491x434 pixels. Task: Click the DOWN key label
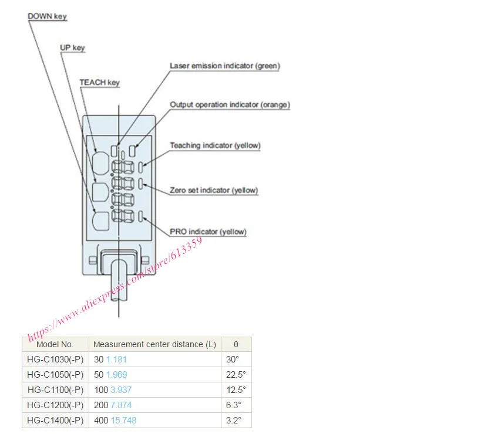click(48, 16)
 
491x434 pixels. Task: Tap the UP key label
click(72, 48)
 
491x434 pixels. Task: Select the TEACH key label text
click(100, 82)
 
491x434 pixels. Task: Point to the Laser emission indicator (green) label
click(225, 66)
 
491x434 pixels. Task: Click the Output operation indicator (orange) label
click(230, 104)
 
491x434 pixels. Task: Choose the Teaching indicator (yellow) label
click(215, 145)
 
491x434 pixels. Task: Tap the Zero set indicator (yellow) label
click(214, 190)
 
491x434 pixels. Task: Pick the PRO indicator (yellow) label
click(208, 232)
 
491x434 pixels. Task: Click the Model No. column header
click(55, 344)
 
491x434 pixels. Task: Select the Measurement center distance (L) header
click(154, 344)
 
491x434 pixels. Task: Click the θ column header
click(236, 344)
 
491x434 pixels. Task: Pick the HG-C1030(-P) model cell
click(55, 360)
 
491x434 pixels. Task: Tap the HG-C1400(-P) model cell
click(55, 421)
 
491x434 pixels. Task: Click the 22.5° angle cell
click(236, 375)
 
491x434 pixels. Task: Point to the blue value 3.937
click(121, 390)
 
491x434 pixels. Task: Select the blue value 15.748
click(124, 421)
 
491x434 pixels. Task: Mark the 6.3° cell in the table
click(234, 405)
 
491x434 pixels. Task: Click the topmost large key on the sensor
click(101, 163)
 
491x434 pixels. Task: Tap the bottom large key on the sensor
click(101, 221)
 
